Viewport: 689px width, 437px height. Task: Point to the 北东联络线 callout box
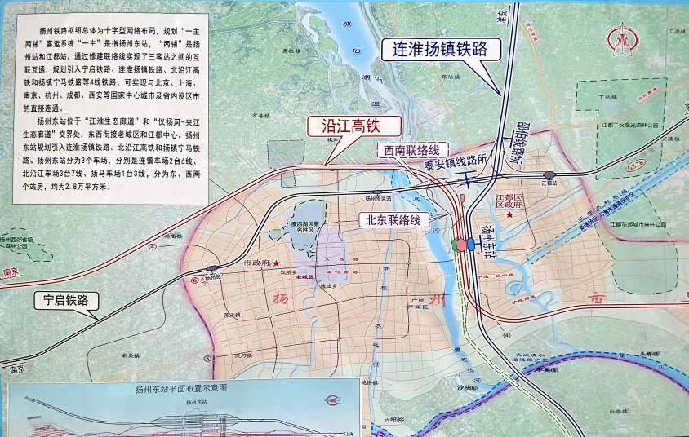tap(393, 219)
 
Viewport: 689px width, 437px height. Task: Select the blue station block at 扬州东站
tap(463, 244)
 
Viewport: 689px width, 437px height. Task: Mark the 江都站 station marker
tap(549, 174)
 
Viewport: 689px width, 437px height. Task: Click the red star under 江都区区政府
tap(511, 216)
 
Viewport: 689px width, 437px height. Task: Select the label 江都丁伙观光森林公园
tap(629, 126)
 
